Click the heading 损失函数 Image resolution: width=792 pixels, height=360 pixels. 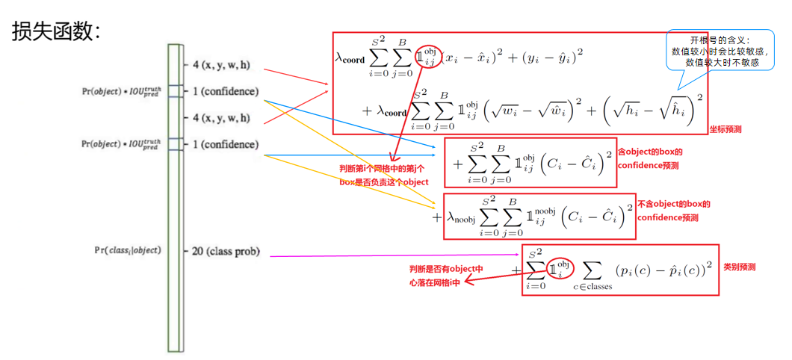[x=56, y=31]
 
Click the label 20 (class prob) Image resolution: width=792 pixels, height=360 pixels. [x=226, y=251]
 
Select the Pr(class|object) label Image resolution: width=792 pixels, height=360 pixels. [x=127, y=249]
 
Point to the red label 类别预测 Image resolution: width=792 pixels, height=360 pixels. [x=740, y=266]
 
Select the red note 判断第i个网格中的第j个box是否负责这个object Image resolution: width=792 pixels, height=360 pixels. [x=385, y=176]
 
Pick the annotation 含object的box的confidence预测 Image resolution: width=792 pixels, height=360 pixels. [x=650, y=158]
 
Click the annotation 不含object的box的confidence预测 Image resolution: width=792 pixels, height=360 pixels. [x=673, y=211]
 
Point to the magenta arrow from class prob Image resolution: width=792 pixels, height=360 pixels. [x=389, y=255]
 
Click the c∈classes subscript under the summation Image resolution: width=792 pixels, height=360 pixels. [x=592, y=286]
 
